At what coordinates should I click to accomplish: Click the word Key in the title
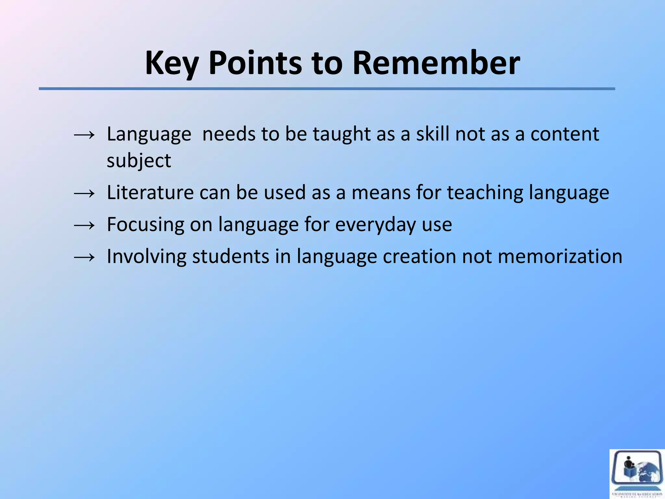pos(171,63)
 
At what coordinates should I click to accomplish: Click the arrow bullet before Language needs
pos(84,134)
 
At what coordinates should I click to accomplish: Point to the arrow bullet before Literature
pos(84,193)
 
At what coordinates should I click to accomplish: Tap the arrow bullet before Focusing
pos(84,225)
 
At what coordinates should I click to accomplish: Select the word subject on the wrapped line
pos(139,161)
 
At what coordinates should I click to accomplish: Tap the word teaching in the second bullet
pos(485,193)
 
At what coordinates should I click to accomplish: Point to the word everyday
pos(375,225)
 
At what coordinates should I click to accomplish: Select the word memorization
pos(560,257)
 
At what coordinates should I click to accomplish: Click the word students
pos(231,257)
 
